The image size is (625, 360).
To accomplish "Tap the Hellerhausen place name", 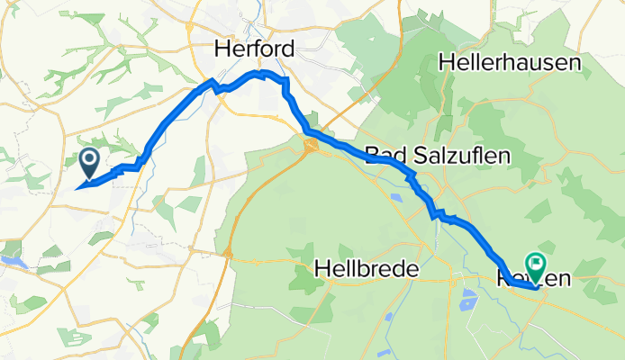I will pos(508,63).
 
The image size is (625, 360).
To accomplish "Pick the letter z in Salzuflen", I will pos(449,156).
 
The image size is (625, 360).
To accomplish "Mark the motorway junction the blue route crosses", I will pos(312,143).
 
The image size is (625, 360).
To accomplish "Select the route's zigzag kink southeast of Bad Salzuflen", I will pos(436,214).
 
